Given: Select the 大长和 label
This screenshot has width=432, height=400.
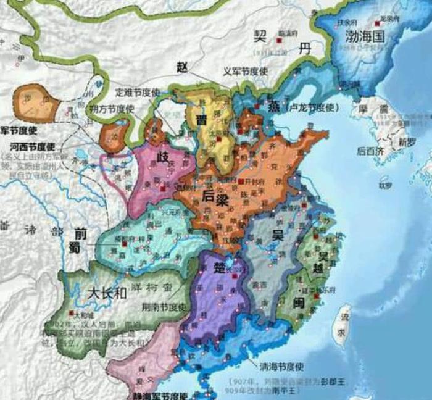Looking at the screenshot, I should click(107, 293).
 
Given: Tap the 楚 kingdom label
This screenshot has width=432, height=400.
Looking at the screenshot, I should click(219, 267).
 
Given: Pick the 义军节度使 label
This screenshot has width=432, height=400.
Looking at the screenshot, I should click(246, 70).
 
